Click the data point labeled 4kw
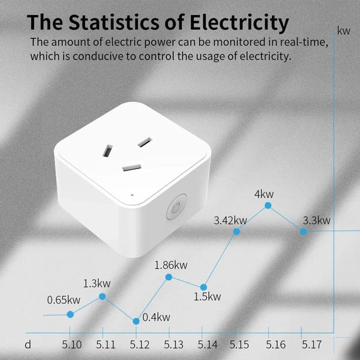(x=268, y=205)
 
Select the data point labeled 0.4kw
(x=136, y=321)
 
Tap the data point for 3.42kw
(x=236, y=231)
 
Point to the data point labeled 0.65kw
(x=70, y=314)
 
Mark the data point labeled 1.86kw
(x=169, y=277)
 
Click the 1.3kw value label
(x=97, y=283)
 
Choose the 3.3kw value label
(x=316, y=220)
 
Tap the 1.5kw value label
(x=208, y=296)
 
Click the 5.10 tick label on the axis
(x=72, y=345)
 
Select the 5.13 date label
(x=173, y=345)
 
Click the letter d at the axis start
(x=28, y=345)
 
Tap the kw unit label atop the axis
(x=344, y=30)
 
